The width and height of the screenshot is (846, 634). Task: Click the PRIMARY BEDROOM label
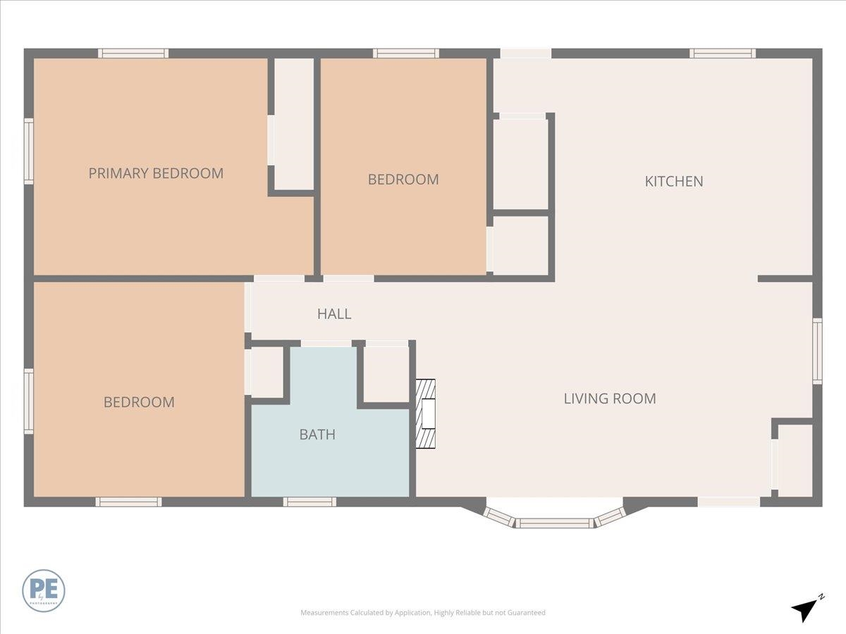click(156, 173)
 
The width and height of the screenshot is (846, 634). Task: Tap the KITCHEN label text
click(674, 181)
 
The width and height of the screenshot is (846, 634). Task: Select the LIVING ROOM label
click(610, 399)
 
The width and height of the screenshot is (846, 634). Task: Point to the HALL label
click(334, 314)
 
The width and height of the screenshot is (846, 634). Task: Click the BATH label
click(317, 435)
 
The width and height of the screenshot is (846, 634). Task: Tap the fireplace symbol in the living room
click(425, 414)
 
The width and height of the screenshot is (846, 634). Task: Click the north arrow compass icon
click(805, 608)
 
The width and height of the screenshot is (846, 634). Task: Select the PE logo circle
click(44, 590)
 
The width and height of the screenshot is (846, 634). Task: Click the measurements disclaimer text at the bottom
click(423, 613)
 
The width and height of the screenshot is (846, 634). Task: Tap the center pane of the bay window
click(555, 523)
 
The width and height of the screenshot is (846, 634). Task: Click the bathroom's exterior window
click(309, 502)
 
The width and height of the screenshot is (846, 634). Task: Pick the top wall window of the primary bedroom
click(133, 54)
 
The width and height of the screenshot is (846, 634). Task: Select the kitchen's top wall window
click(723, 54)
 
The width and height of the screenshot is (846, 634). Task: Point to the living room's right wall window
click(817, 351)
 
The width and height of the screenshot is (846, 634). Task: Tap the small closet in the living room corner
click(795, 461)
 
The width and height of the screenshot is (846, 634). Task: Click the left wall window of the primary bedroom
click(29, 151)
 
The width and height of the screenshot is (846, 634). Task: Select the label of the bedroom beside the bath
click(139, 402)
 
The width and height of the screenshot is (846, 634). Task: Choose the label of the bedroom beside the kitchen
click(403, 180)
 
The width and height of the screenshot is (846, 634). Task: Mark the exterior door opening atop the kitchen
click(525, 54)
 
